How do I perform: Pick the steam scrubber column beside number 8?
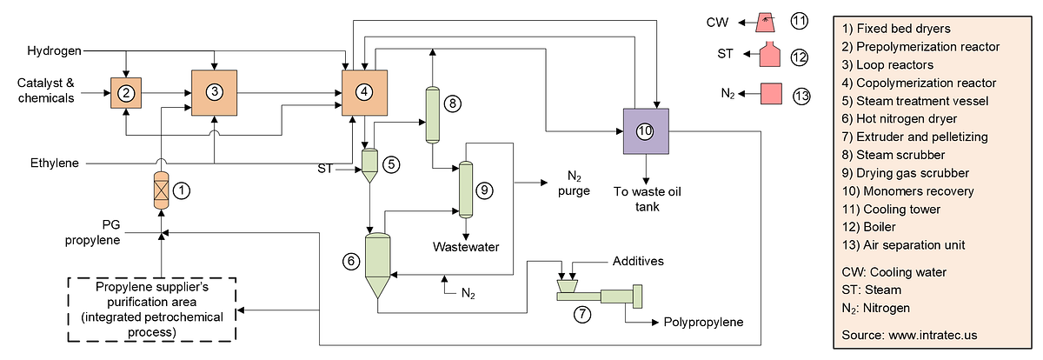[x=431, y=114]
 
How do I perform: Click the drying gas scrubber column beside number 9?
[x=465, y=190]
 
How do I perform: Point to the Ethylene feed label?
[x=53, y=163]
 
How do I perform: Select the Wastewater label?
[x=467, y=247]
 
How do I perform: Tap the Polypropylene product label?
[x=703, y=322]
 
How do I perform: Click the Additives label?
[x=639, y=261]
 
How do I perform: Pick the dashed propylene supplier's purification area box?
[x=152, y=309]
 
